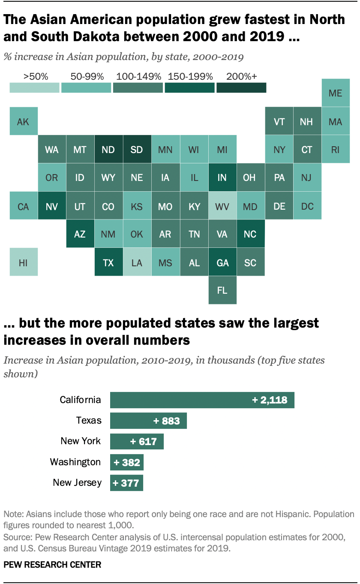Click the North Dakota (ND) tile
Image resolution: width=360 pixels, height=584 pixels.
(108, 150)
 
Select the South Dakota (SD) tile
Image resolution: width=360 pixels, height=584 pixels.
(137, 150)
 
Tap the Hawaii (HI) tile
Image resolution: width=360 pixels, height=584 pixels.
(23, 262)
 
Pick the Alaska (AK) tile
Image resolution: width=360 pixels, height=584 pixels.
(23, 121)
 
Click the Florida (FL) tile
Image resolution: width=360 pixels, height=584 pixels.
(222, 290)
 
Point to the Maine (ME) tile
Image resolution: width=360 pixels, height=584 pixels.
(335, 93)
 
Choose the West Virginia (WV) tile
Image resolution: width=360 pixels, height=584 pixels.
(222, 206)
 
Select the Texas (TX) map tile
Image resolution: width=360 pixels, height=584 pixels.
(108, 262)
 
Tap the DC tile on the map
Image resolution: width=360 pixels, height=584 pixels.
(307, 206)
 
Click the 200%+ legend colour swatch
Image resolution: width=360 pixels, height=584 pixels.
(241, 87)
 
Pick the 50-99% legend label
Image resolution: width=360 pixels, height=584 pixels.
(87, 77)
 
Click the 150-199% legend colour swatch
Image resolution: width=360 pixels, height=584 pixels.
(189, 87)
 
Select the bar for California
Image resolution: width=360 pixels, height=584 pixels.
(202, 400)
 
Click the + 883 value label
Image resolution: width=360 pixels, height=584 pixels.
(167, 421)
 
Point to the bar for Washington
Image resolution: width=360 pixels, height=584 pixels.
(126, 462)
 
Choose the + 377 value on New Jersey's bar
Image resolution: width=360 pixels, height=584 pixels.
(126, 483)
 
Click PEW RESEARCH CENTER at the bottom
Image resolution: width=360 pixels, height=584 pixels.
(52, 565)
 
